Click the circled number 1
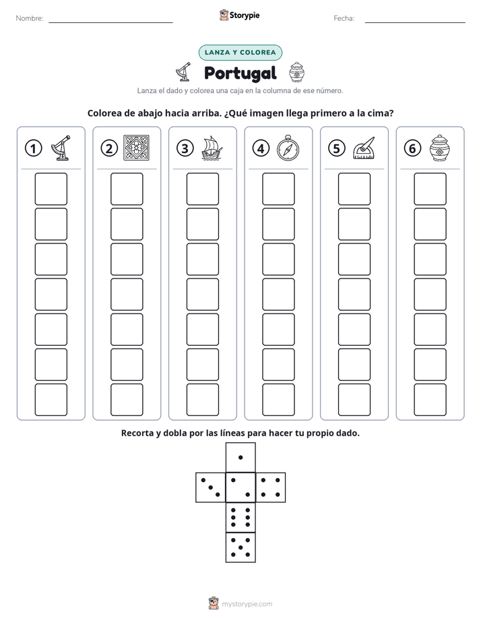33,148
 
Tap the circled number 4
261,148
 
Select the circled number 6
412,148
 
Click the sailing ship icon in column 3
212,148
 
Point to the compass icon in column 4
288,148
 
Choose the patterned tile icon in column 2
137,148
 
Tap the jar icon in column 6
440,148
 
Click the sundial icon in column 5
364,148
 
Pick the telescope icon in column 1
61,148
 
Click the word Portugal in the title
240,73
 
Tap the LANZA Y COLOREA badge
240,53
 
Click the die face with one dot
241,458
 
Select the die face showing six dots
241,517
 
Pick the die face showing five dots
241,547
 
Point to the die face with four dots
271,487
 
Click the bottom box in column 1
51,400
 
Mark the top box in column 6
430,189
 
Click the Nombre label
30,18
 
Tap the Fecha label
344,18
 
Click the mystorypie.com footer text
247,604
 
